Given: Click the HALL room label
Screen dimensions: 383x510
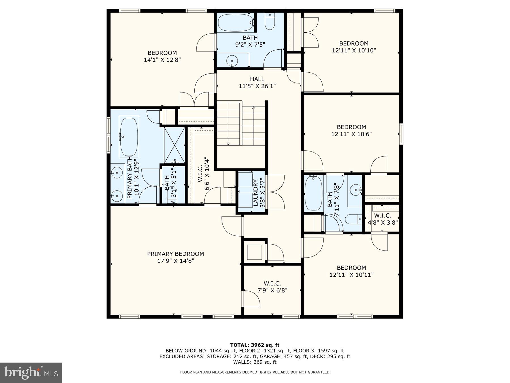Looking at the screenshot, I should tap(257, 79).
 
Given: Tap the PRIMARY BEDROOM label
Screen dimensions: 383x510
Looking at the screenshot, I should tap(175, 254).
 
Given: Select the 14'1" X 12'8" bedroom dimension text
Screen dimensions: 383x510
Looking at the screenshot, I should tap(162, 60).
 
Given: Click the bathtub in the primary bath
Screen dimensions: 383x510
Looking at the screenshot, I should tap(129, 137).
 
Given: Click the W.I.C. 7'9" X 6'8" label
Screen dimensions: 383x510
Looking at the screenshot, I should tap(272, 287).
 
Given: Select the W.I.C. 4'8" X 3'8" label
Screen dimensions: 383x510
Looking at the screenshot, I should tap(382, 219).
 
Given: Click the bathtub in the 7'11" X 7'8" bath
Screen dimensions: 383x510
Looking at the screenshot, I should tap(313, 193).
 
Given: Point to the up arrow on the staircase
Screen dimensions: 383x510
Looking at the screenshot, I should tap(254, 108).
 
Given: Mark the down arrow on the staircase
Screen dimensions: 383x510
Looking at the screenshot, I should tap(228, 144).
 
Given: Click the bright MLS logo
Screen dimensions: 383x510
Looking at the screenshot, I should tap(31, 373).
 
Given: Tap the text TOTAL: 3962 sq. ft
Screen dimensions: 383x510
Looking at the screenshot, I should tap(255, 345).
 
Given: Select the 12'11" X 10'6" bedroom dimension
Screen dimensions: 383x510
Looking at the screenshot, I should tap(351, 134).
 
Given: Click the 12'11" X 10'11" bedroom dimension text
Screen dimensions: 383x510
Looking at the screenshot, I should tap(351, 275).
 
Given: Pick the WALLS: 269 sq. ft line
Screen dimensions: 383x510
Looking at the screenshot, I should tap(255, 362).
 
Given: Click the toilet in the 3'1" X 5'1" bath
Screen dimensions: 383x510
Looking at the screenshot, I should tap(173, 194).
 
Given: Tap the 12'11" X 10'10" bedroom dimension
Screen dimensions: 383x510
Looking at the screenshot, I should tap(354, 50).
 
